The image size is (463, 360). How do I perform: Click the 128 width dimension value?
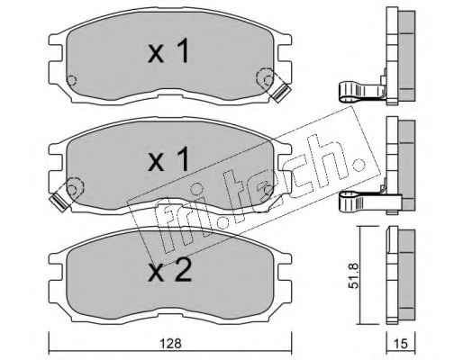[x=170, y=343]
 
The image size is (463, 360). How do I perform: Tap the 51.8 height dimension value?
[x=355, y=275]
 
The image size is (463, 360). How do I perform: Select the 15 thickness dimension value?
[x=401, y=344]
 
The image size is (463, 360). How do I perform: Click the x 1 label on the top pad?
[x=168, y=51]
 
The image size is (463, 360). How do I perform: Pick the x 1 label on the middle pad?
[x=168, y=159]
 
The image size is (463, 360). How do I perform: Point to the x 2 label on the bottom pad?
[x=170, y=270]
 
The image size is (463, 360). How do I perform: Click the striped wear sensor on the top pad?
[x=280, y=92]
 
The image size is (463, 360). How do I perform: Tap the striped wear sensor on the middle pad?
[x=60, y=202]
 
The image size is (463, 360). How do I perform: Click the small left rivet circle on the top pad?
[x=72, y=80]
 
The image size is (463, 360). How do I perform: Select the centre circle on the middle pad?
[x=196, y=189]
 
